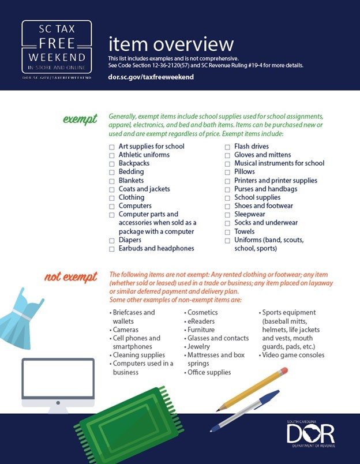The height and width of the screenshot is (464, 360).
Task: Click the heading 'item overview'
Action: [x=171, y=44]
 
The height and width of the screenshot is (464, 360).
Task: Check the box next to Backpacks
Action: [x=112, y=164]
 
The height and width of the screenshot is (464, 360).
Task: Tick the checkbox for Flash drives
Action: [x=227, y=147]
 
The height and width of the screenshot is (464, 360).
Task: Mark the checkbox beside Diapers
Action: [x=112, y=241]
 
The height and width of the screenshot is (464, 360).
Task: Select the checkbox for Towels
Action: [x=227, y=232]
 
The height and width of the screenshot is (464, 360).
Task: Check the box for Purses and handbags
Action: [x=227, y=189]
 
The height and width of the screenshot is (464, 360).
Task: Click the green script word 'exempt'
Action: [x=80, y=119]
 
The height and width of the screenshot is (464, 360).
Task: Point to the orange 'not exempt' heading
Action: [x=70, y=277]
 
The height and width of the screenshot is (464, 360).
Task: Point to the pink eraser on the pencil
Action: [x=282, y=371]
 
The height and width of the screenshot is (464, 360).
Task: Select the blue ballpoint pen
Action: [x=245, y=410]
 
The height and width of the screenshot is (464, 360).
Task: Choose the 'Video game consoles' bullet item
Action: [x=293, y=356]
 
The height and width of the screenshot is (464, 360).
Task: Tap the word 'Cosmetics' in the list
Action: [x=202, y=312]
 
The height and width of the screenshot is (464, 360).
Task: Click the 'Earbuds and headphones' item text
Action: [x=156, y=249]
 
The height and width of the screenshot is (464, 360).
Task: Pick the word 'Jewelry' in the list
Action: [x=199, y=347]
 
